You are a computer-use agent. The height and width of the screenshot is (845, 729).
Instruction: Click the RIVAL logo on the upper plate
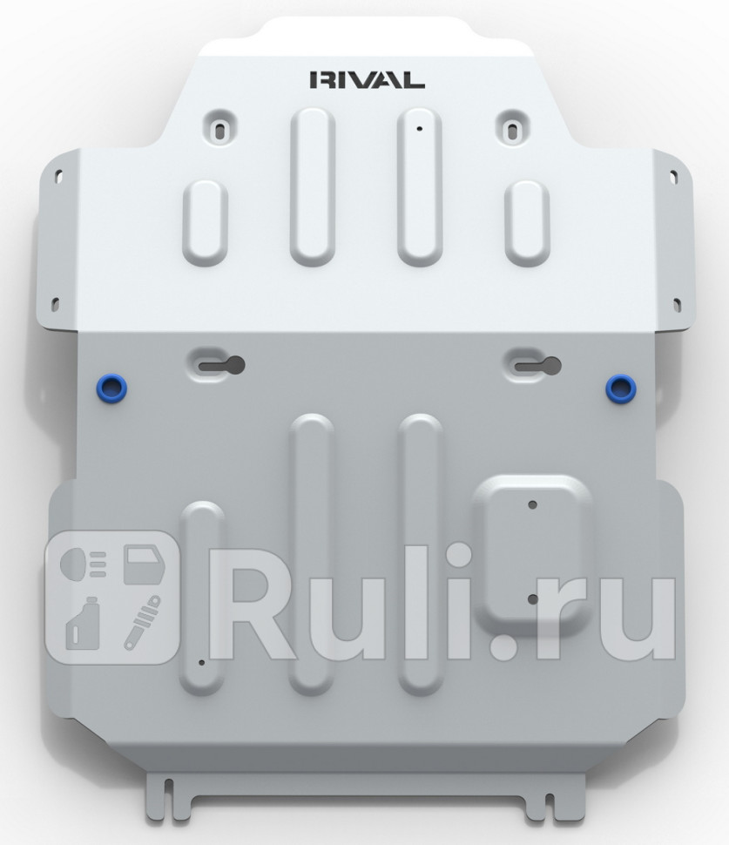click(x=367, y=80)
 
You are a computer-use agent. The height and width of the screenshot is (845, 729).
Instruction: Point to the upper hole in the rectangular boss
click(x=532, y=504)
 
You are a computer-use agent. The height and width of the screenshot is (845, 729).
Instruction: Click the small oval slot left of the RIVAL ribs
click(x=217, y=126)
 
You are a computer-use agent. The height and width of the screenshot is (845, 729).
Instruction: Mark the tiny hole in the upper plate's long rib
click(x=419, y=129)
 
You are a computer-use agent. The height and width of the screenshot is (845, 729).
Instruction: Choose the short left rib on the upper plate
click(x=205, y=222)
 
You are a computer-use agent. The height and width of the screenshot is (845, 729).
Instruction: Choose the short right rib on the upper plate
click(x=527, y=222)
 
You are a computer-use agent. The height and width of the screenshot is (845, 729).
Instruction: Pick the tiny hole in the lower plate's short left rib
click(x=200, y=662)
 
